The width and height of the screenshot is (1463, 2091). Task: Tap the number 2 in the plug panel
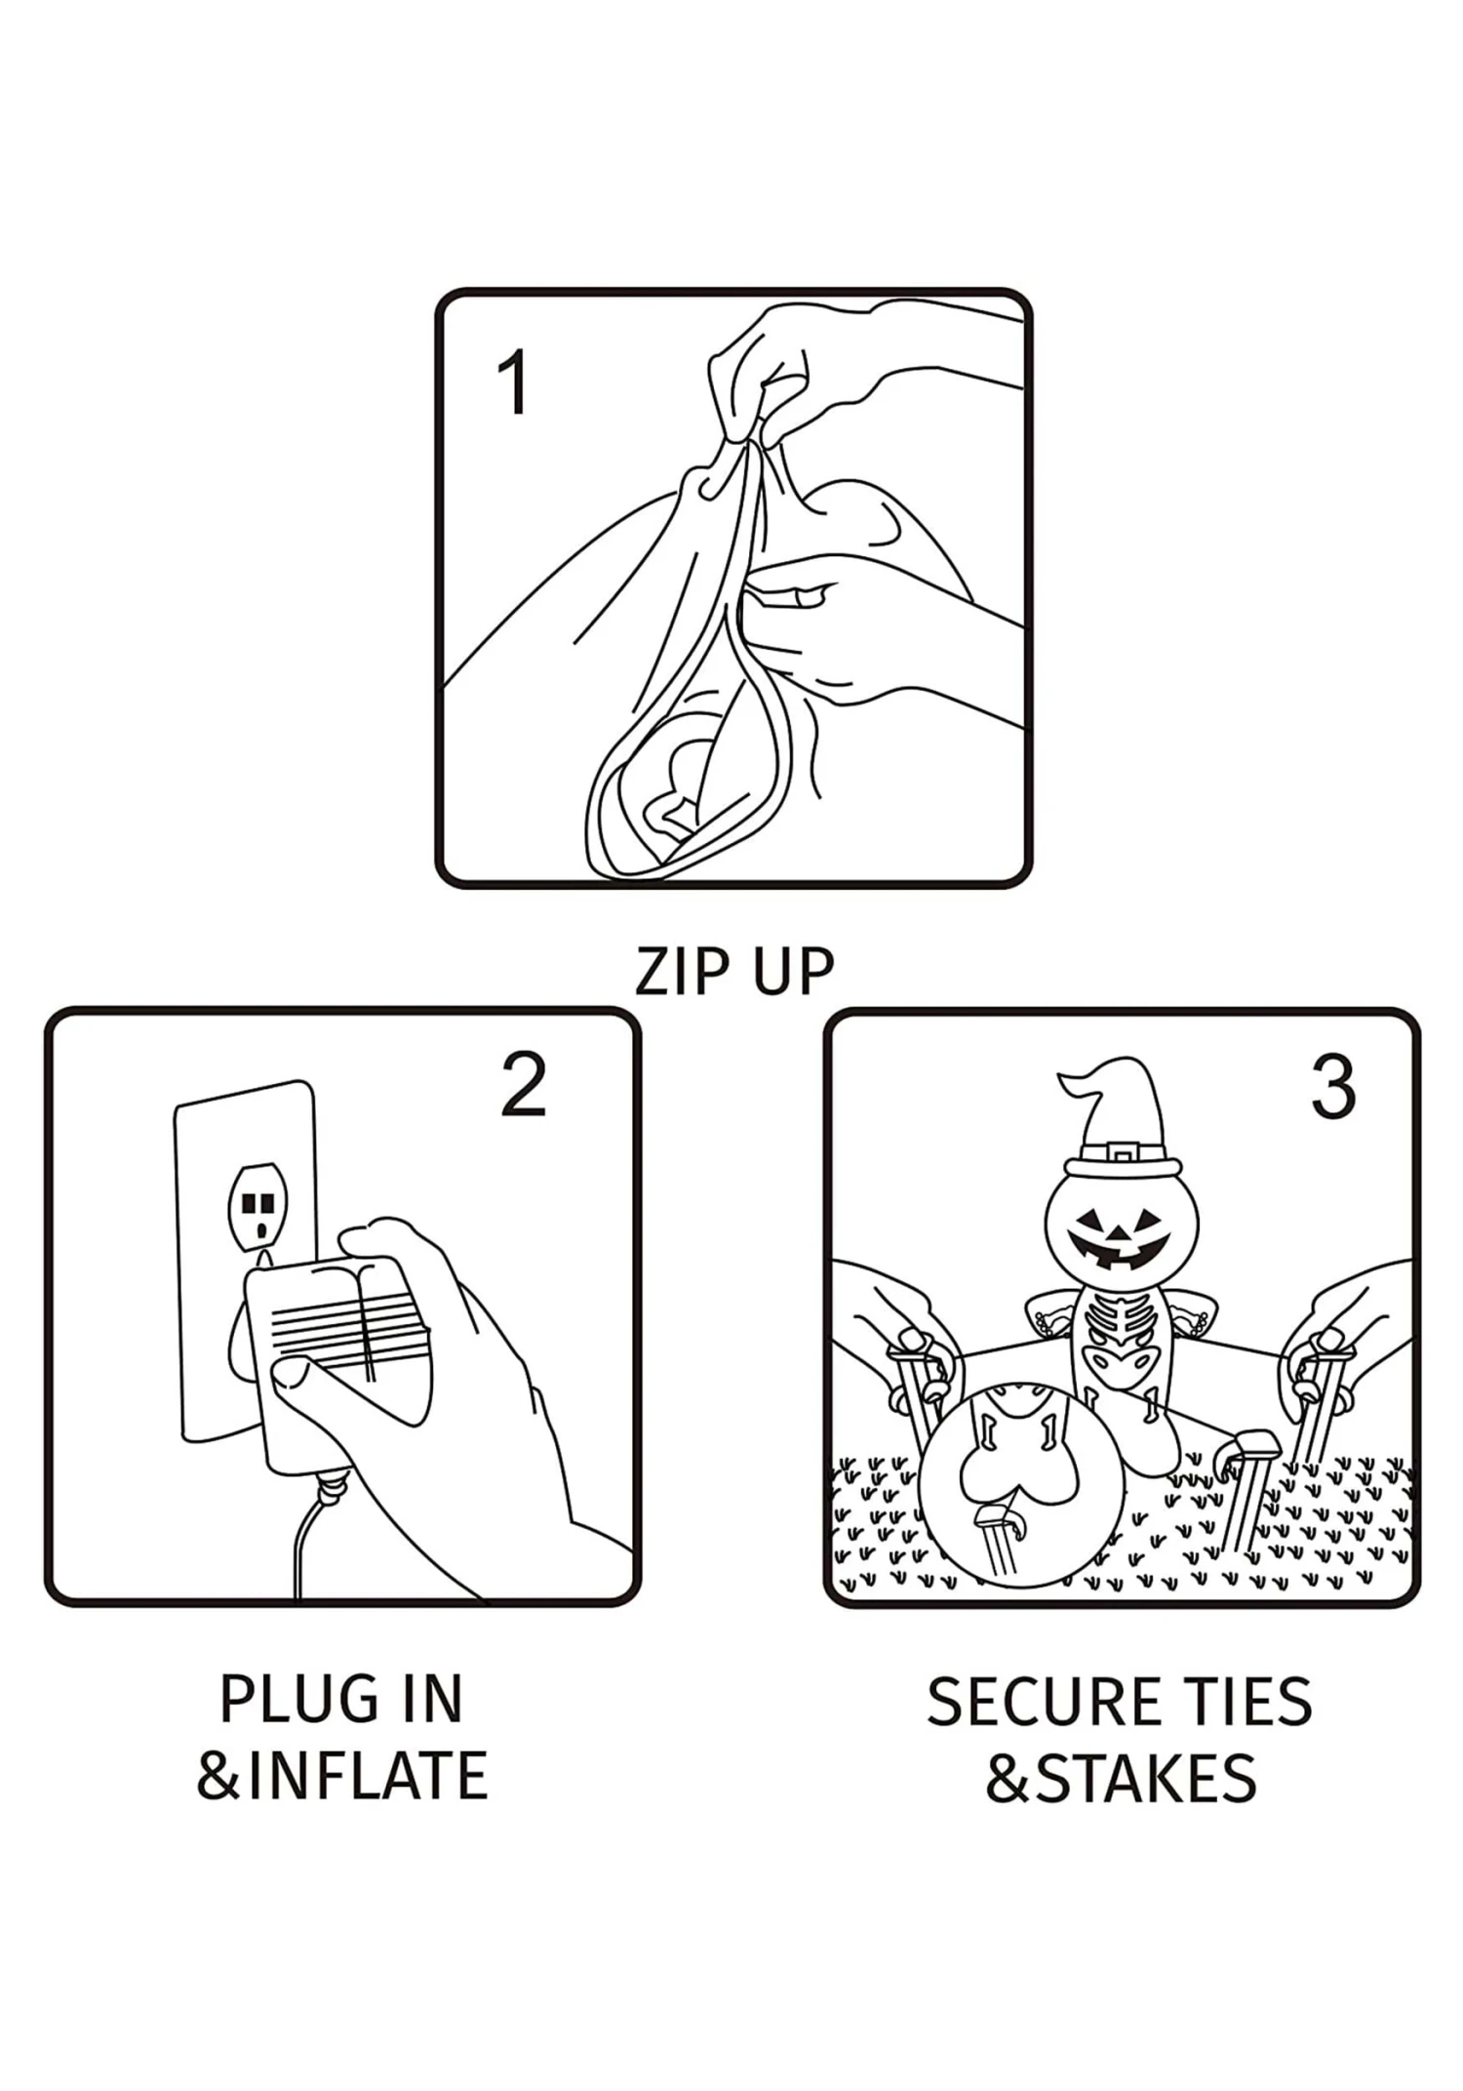523,1085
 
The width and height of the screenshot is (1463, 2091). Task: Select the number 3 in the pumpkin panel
1332,1087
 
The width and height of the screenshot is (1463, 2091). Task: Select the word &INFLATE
341,1776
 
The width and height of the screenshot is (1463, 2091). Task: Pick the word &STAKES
1122,1779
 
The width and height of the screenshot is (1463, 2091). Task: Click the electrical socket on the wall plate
258,1207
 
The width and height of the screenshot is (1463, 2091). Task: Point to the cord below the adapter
304,1542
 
